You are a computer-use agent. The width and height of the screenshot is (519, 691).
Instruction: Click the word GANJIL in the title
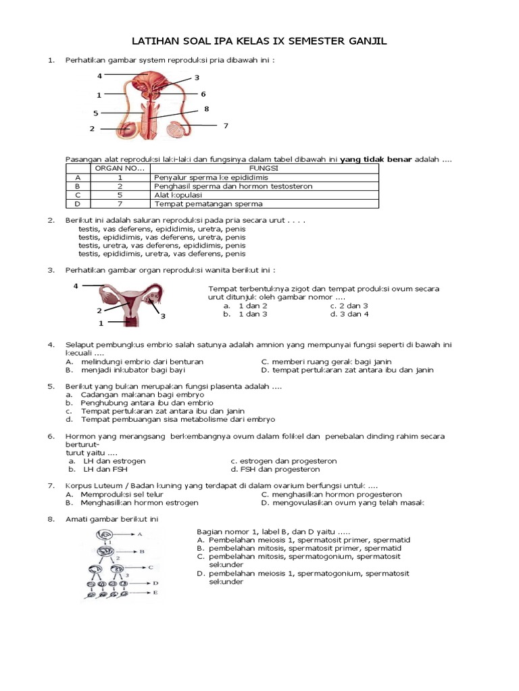364,42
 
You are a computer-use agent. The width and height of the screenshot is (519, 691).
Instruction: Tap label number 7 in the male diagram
226,126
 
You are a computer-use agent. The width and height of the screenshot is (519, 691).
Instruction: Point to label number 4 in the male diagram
99,75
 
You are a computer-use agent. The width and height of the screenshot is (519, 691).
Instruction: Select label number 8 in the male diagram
206,109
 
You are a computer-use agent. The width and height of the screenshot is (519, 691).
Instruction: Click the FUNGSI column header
264,168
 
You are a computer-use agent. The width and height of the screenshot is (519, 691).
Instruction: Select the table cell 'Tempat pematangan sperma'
209,203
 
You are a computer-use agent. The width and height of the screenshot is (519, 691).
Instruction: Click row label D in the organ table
78,203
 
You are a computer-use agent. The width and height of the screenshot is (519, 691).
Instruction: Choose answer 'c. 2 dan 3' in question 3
349,305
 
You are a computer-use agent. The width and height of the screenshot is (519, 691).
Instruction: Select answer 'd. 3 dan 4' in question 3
349,314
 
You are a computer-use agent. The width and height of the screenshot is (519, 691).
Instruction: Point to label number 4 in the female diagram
76,286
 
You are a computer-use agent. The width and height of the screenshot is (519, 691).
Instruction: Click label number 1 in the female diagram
101,323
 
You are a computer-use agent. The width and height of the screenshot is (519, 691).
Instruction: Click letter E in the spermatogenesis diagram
156,593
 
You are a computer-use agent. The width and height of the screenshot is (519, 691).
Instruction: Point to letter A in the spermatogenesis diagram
140,534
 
